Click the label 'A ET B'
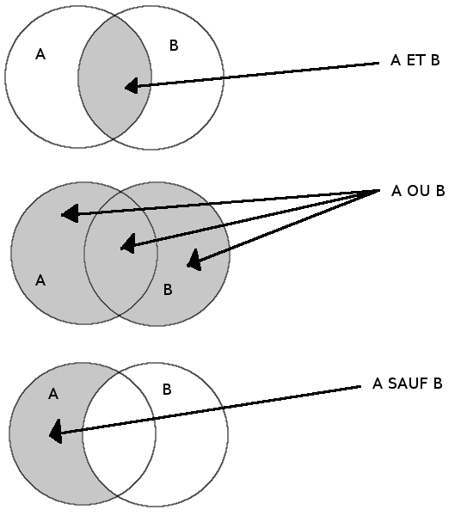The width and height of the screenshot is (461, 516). point(415,60)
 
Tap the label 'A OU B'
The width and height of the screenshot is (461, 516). point(418,191)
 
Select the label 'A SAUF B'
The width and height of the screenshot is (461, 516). point(408,384)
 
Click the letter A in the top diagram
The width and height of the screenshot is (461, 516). point(40,54)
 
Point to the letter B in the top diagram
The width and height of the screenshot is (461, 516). point(174,46)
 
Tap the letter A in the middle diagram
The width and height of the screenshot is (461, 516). point(40,280)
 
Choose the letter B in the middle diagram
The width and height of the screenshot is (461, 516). point(168,290)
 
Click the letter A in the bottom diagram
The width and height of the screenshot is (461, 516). point(53,394)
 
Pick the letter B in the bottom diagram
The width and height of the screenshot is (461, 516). point(167,390)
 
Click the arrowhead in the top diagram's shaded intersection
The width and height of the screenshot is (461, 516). point(132,86)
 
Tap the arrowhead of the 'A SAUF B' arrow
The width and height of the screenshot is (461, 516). point(56,432)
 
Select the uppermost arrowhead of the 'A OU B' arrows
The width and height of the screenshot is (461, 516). point(70,213)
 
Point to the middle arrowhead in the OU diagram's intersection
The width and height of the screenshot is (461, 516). point(128,244)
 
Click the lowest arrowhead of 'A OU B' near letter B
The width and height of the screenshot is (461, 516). point(194,261)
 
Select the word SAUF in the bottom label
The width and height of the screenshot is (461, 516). point(408,384)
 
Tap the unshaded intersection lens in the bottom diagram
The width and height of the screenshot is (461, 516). point(119,434)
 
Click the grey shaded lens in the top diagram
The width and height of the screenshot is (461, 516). point(114,77)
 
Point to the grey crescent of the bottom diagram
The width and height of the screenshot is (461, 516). point(46,434)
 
